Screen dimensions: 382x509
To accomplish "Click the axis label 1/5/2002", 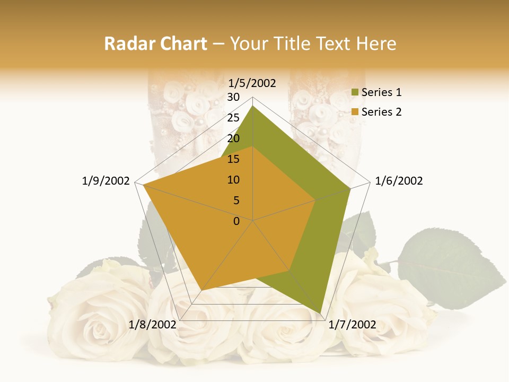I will click(x=252, y=83).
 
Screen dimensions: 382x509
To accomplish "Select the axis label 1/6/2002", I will click(x=399, y=181).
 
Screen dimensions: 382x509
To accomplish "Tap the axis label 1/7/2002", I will click(x=353, y=325).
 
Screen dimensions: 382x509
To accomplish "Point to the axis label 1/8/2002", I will click(x=152, y=325).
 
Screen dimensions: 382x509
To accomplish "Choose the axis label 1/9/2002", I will click(x=106, y=181).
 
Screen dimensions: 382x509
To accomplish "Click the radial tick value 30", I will click(x=233, y=97).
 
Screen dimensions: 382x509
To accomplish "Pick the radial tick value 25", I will click(x=233, y=118).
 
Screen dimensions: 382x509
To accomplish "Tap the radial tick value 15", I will click(x=233, y=159).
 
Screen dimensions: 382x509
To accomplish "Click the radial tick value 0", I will click(x=236, y=221).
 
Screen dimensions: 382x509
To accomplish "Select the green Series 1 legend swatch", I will click(x=355, y=93).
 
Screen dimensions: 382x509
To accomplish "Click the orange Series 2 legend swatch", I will click(x=355, y=112).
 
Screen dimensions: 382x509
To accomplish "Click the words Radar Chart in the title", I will click(x=155, y=44).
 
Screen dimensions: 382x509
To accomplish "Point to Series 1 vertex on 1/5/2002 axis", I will click(x=253, y=106).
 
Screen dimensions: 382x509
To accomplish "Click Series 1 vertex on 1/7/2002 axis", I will click(x=320, y=313).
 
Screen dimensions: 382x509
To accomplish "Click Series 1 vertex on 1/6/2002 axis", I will click(x=350, y=188).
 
